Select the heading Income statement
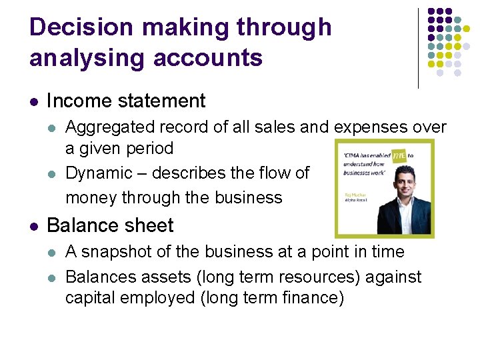pyautogui.click(x=126, y=101)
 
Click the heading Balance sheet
pyautogui.click(x=110, y=225)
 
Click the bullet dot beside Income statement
pyautogui.click(x=34, y=102)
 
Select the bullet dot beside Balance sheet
pyautogui.click(x=34, y=226)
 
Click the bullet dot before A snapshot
pyautogui.click(x=53, y=253)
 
